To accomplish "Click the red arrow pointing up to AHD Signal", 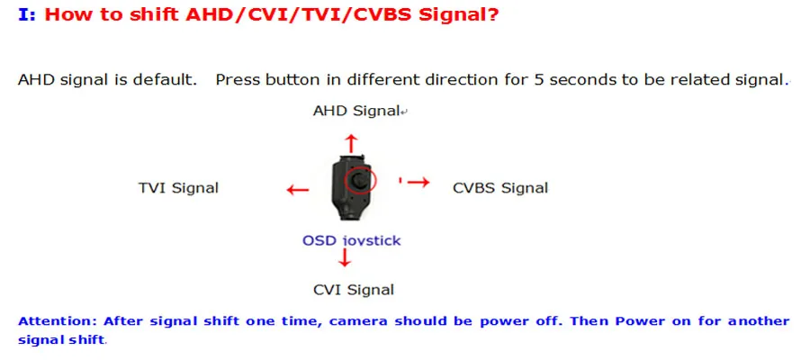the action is pos(351,142).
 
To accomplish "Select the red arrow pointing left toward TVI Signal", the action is pos(298,190).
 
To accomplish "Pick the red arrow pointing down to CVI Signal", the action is pos(345,257).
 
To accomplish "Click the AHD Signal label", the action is pos(356,111).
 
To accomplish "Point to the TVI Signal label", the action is pos(178,187).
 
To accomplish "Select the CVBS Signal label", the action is pos(500,187).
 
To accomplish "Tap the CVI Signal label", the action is pos(354,290).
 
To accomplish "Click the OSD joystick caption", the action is pos(351,240).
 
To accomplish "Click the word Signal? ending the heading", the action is pos(458,15).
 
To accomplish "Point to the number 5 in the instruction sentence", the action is pos(539,80).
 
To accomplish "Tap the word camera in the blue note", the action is pos(358,320).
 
